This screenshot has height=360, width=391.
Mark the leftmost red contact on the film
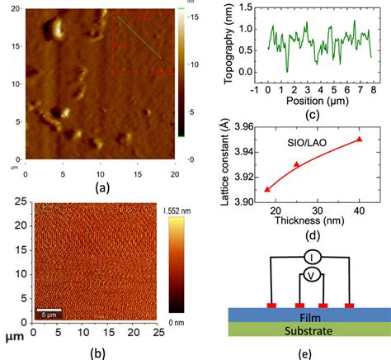coord(271,306)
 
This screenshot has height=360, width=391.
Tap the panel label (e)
coord(310,353)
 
